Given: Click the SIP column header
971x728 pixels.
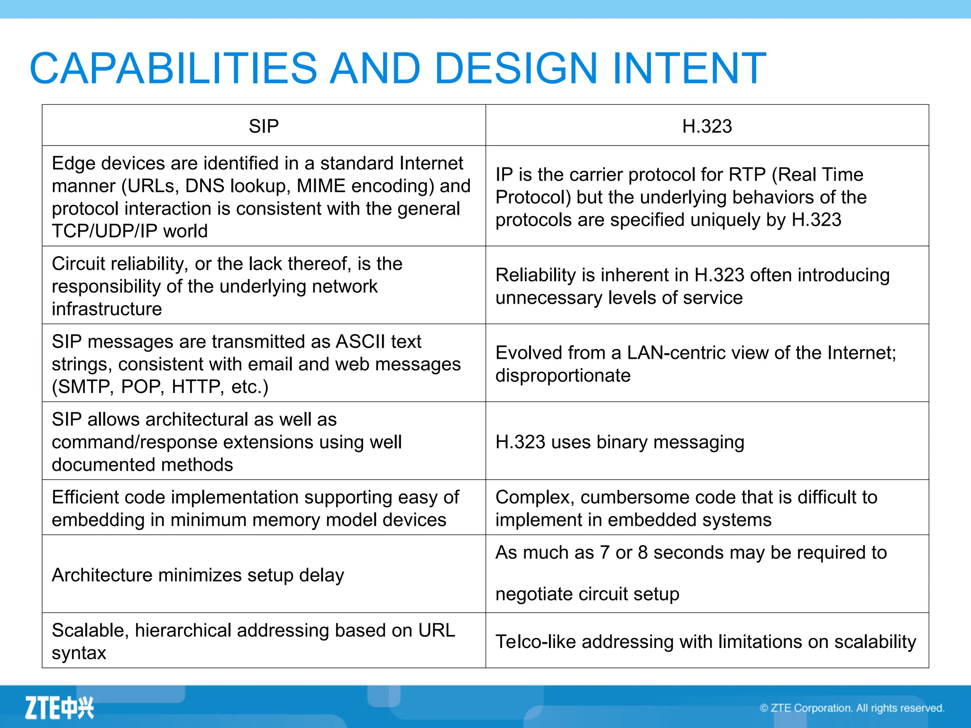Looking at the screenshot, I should tap(264, 126).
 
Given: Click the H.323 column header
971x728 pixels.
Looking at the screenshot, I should tap(706, 126).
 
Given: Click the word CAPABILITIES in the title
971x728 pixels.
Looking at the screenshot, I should tap(173, 68).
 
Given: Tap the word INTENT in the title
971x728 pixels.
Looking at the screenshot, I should tap(689, 68).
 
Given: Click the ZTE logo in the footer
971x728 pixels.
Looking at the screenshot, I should tap(59, 708).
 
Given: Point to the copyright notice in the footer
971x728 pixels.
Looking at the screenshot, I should tap(852, 708).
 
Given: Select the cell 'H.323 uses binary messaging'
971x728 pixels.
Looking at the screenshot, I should tap(619, 442).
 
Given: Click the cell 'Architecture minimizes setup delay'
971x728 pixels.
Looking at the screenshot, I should tap(198, 575).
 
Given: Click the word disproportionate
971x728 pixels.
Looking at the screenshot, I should tap(563, 375).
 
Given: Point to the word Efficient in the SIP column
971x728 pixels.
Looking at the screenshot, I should tap(84, 497).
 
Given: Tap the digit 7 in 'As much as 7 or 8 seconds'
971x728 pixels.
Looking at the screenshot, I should tap(604, 553).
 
